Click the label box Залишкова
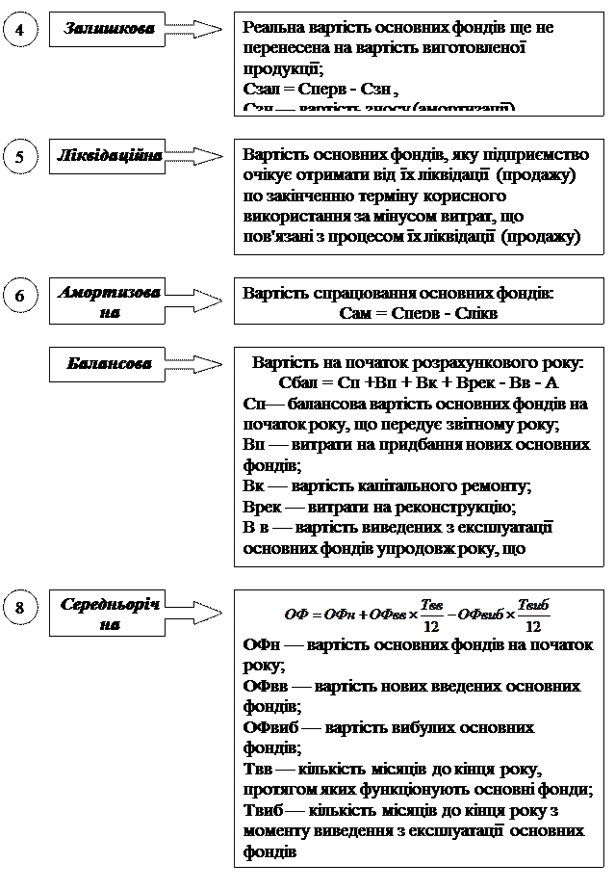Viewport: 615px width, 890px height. pyautogui.click(x=109, y=29)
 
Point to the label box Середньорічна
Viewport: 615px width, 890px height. pyautogui.click(x=110, y=614)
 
